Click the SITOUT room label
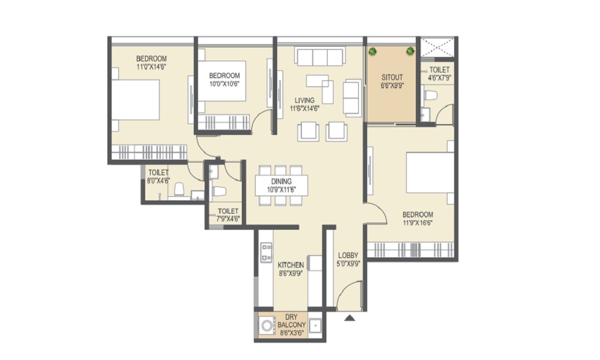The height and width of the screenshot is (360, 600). click(x=392, y=77)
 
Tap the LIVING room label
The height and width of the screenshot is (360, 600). click(x=305, y=101)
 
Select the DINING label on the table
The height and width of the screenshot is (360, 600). click(x=281, y=181)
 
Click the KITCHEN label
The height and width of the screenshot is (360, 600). click(x=291, y=265)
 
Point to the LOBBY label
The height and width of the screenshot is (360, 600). click(x=348, y=255)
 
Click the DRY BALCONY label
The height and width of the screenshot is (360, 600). click(x=292, y=321)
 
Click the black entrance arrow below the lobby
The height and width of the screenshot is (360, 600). click(x=349, y=317)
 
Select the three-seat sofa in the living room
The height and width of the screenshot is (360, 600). click(x=320, y=56)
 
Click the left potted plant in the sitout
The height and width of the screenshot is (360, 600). click(x=372, y=51)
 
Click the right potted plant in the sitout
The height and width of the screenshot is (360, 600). click(x=410, y=50)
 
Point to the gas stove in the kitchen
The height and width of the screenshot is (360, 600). click(x=266, y=253)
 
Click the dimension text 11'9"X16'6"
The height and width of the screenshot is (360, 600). click(x=418, y=223)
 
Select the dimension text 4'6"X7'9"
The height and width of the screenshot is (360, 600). click(x=439, y=77)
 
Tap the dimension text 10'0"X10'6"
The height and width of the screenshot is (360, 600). click(x=224, y=84)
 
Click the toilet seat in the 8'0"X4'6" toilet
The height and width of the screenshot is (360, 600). click(x=179, y=190)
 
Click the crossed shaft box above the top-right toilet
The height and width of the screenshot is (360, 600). click(x=437, y=47)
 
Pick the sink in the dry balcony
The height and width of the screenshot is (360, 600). click(x=316, y=326)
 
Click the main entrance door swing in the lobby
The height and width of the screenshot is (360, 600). click(x=349, y=295)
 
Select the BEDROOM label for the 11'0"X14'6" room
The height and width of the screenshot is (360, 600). click(x=152, y=59)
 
